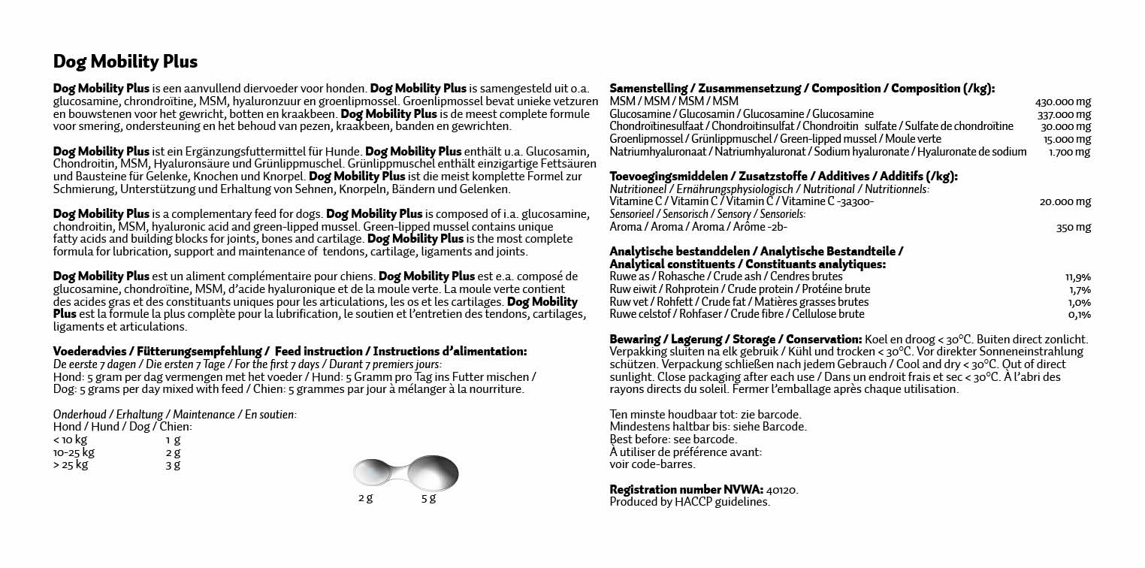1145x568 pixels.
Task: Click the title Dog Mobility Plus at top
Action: [x=125, y=61]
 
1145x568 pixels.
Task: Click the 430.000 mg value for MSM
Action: [x=1062, y=101]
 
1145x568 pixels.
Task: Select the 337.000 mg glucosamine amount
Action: [x=1062, y=114]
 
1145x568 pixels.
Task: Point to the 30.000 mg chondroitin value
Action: [x=1065, y=126]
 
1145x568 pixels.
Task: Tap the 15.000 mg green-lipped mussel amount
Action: [x=1065, y=139]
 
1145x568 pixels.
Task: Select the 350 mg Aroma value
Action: [x=1073, y=227]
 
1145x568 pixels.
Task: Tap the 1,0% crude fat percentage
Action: [x=1080, y=302]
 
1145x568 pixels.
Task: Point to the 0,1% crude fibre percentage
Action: [x=1080, y=315]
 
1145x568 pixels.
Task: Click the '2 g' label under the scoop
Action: [x=365, y=498]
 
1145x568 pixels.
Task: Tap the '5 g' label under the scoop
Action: [x=428, y=498]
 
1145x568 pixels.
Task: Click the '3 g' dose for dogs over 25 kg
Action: [x=173, y=465]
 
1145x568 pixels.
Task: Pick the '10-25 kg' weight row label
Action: [x=74, y=452]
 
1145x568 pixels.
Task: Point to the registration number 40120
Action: [x=782, y=489]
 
